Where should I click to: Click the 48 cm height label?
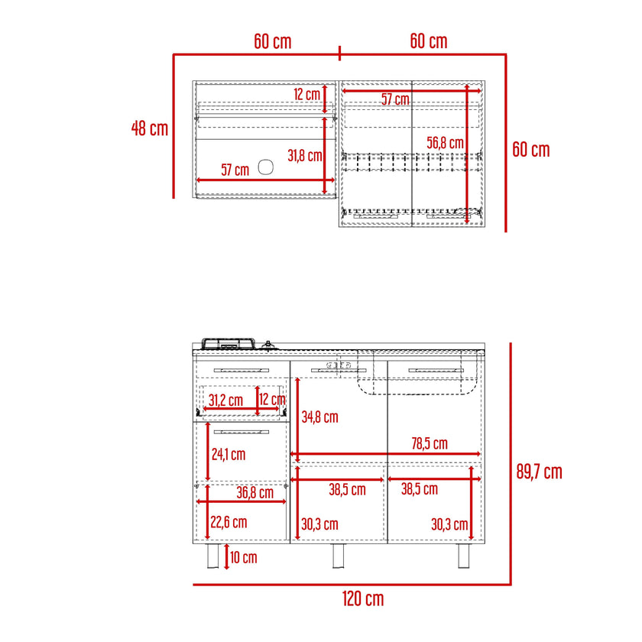[x=150, y=128]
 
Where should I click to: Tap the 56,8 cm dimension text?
[x=445, y=143]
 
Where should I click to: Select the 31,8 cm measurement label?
[x=305, y=156]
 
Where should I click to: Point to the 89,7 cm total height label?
[x=539, y=472]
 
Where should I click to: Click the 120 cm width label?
[x=363, y=599]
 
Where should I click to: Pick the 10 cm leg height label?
[x=244, y=557]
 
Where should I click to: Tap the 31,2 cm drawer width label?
[x=225, y=400]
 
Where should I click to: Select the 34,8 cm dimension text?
[x=319, y=417]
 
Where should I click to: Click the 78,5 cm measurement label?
[x=430, y=443]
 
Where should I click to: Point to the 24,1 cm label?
[x=229, y=455]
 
